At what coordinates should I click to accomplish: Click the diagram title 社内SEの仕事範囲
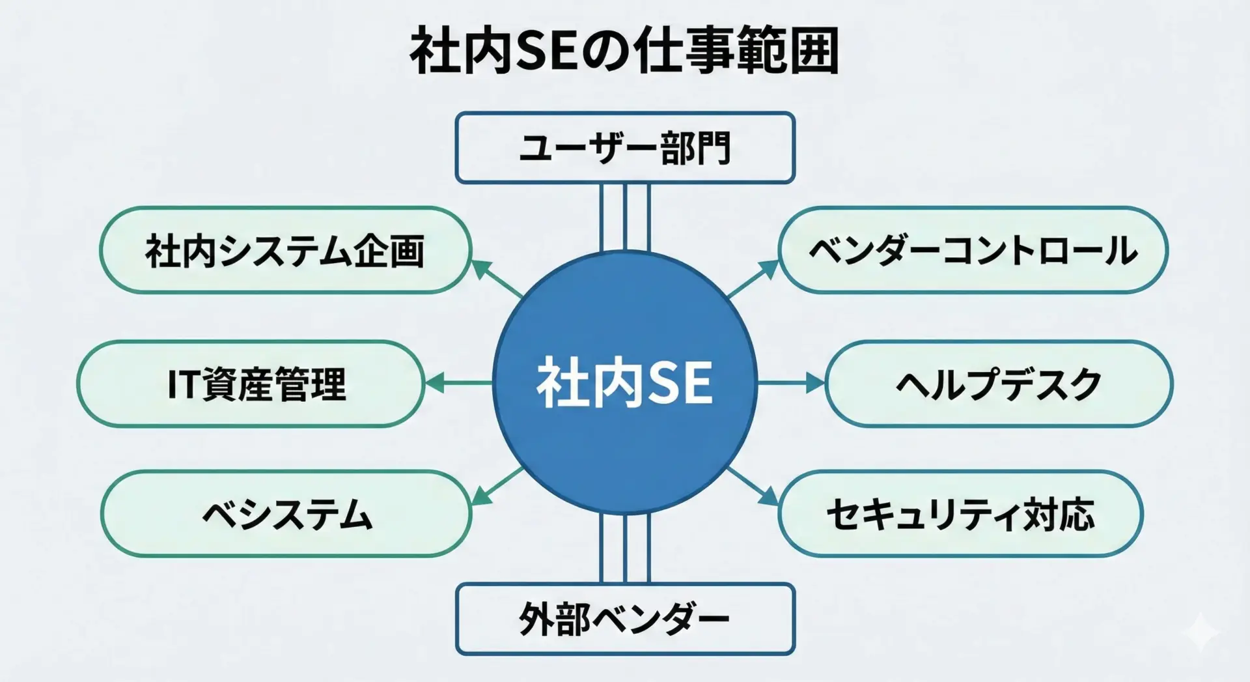[624, 51]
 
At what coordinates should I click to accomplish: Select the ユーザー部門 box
[625, 148]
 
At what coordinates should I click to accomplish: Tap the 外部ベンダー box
[625, 619]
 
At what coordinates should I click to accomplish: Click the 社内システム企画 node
[286, 251]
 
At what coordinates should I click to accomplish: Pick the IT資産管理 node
[251, 384]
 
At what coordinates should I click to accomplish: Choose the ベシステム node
[286, 514]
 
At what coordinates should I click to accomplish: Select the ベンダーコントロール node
[973, 251]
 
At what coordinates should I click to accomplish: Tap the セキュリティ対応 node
[961, 514]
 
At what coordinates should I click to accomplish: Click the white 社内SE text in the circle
[624, 383]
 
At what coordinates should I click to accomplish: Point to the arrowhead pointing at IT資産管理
[435, 383]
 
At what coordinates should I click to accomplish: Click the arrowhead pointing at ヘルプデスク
[815, 383]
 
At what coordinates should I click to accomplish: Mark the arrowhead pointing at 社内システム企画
[480, 268]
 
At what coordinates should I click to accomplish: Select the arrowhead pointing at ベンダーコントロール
[769, 268]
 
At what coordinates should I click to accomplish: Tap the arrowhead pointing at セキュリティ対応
[769, 497]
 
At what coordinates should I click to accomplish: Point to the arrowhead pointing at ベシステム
[480, 497]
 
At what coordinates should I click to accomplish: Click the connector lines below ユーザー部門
[625, 218]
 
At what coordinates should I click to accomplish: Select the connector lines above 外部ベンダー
[625, 548]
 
